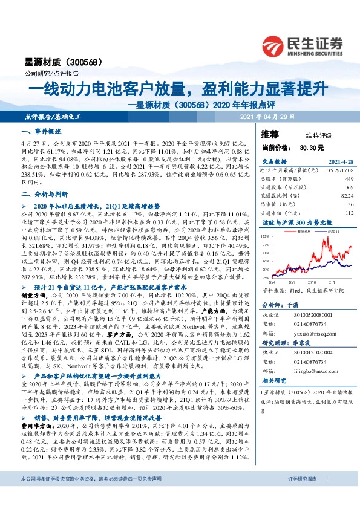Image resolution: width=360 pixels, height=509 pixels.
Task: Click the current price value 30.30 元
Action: point(312,147)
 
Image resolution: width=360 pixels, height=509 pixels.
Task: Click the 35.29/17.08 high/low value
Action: point(339,170)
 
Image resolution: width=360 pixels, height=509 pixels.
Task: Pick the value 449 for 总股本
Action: point(349,179)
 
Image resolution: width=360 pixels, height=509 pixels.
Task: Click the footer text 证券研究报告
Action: point(301,495)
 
